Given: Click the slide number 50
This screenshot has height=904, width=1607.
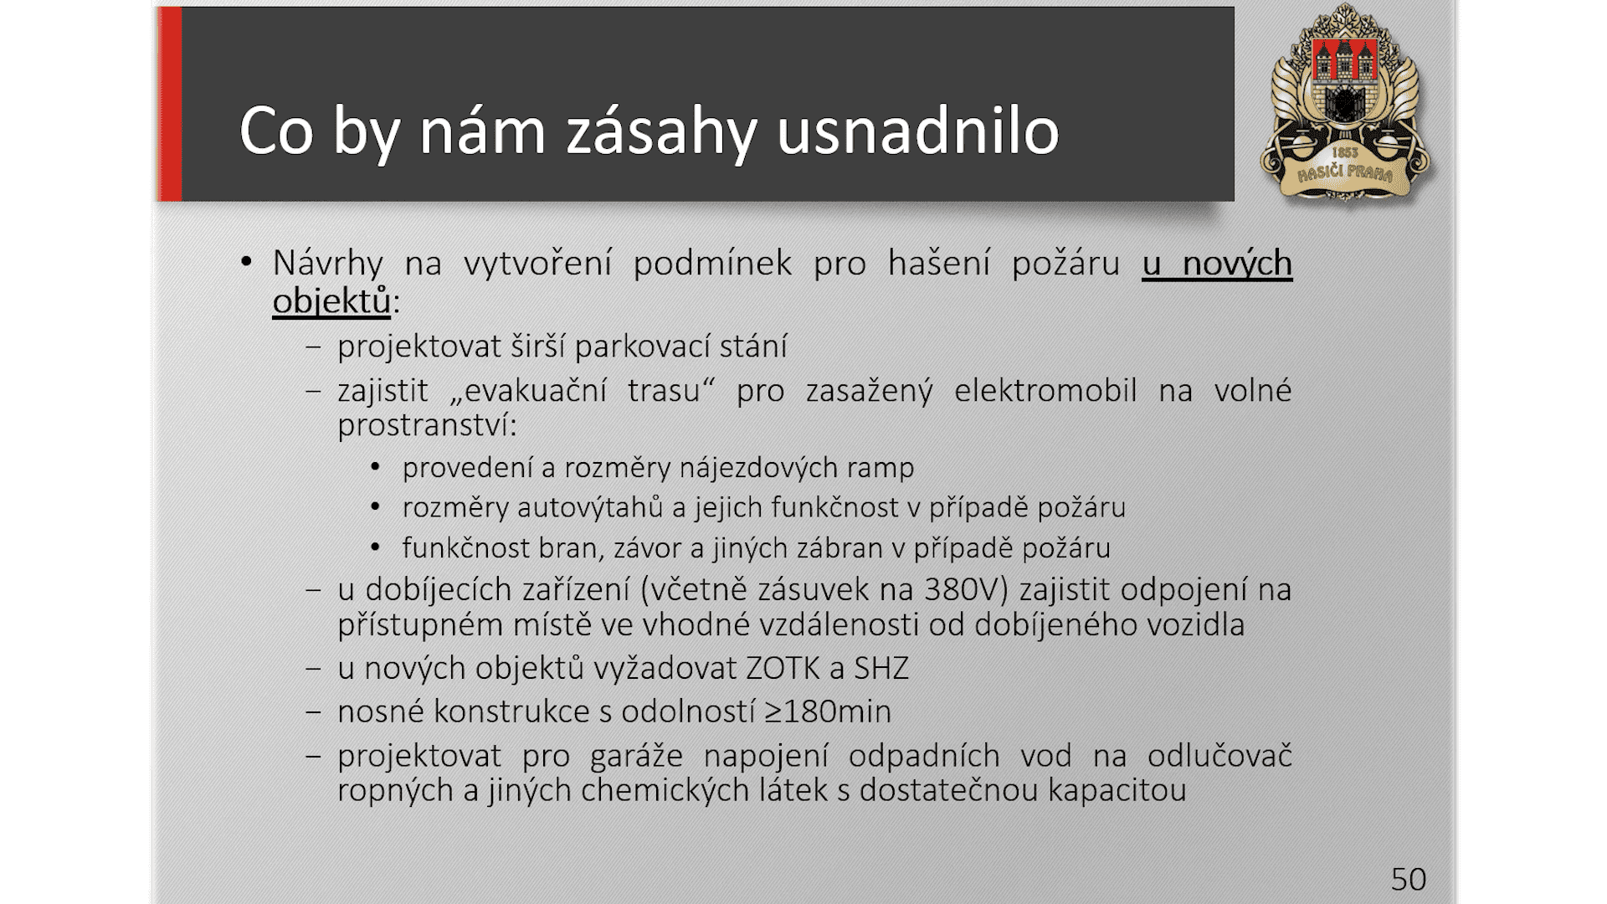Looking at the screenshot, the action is click(1409, 880).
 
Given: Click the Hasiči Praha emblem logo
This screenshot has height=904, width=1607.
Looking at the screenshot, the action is click(1346, 103).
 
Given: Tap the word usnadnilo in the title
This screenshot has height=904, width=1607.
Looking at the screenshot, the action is click(918, 131).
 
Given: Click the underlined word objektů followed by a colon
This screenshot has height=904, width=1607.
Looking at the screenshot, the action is click(331, 301).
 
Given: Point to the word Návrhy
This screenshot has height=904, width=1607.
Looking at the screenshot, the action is click(327, 265).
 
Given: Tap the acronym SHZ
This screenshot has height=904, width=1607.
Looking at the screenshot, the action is click(881, 668).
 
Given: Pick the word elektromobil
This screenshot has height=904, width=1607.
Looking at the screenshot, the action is click(1045, 391).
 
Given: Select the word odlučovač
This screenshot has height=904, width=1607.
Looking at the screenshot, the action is click(1219, 756).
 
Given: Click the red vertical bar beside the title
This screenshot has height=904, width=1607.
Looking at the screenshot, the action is click(170, 104).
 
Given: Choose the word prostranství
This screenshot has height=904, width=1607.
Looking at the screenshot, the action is click(427, 426).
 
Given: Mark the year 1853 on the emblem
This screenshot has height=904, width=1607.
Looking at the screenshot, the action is click(1344, 153).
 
